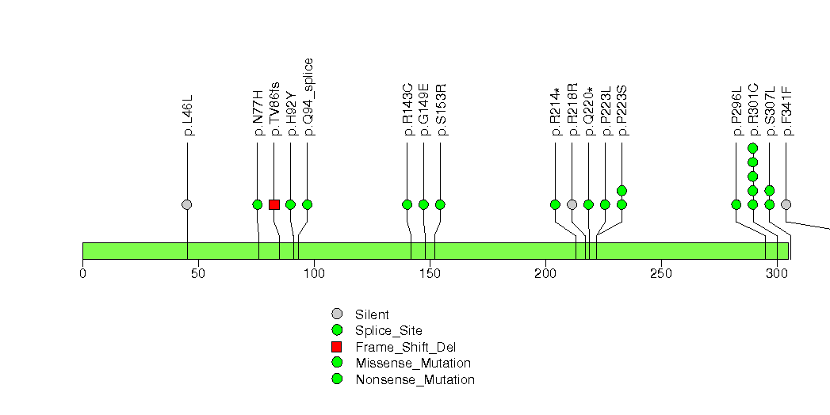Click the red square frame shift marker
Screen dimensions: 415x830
[273, 204]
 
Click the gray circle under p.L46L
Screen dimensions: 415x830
[187, 204]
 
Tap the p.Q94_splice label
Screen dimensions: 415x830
[308, 97]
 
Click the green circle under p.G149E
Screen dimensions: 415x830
[423, 204]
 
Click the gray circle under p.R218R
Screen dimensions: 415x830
[572, 204]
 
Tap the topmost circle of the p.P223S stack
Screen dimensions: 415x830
[622, 190]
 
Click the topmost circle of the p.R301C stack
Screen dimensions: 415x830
[752, 148]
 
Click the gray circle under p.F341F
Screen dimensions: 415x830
[786, 204]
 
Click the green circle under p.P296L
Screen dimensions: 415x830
[736, 204]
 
